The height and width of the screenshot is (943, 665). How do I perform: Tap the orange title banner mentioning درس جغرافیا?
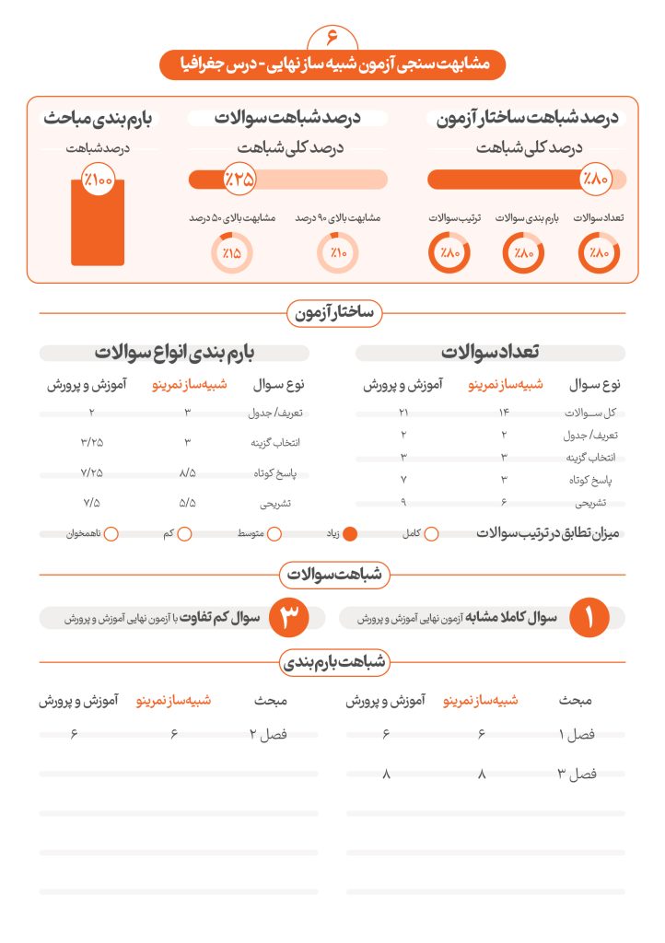pos(332,64)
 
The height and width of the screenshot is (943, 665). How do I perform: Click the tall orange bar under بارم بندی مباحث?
pos(97,221)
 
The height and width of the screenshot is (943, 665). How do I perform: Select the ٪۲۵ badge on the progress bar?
pos(239,179)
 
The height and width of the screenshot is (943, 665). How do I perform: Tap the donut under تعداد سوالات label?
pos(599,253)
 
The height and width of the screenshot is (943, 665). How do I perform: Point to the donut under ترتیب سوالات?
pos(449,253)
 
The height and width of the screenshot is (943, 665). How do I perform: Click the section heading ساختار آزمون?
pos(332,313)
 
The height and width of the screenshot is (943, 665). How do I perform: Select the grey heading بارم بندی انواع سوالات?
pos(175,353)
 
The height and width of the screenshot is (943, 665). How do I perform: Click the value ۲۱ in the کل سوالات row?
pos(403,413)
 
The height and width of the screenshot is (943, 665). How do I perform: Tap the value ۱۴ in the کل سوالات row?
pos(504,413)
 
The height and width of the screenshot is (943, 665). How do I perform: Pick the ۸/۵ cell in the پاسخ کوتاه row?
pos(188,472)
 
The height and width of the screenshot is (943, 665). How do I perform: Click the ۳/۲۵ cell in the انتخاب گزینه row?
pos(92,442)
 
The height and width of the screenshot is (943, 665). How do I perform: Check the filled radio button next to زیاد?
pos(350,533)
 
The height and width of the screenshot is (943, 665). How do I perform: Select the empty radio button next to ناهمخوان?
pos(111,533)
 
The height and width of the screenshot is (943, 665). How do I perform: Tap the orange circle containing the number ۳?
pos(289,619)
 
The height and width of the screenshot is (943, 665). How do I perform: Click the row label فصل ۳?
pos(577,774)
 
